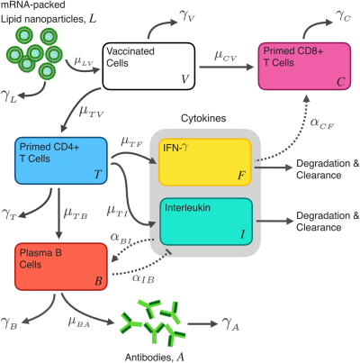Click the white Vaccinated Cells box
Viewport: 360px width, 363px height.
[x=148, y=66]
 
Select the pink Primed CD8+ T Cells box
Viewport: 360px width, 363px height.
[x=304, y=66]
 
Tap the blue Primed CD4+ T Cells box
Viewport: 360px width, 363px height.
[x=61, y=160]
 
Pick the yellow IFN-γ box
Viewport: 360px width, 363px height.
[x=205, y=162]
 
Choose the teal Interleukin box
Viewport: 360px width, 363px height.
[x=206, y=222]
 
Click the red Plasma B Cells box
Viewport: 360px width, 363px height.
[x=61, y=267]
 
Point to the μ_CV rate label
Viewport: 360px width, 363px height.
[x=226, y=56]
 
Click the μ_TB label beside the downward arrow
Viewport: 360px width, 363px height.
[x=76, y=213]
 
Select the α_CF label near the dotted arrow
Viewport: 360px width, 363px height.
[x=322, y=123]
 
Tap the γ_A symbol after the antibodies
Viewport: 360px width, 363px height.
[x=230, y=323]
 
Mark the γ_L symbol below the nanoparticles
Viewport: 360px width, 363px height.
[x=9, y=96]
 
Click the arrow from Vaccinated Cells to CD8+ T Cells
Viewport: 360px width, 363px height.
[x=226, y=67]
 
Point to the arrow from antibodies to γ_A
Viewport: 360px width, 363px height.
[x=202, y=323]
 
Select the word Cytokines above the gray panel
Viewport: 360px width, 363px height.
[x=203, y=118]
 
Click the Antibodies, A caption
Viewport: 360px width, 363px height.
[x=155, y=357]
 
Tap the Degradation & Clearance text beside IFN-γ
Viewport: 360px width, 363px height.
[x=328, y=169]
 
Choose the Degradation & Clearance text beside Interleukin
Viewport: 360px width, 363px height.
[x=328, y=222]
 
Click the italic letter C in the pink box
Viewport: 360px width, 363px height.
[x=340, y=82]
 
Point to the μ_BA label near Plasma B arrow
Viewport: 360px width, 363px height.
[x=79, y=322]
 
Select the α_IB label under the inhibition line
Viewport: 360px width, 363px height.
[x=143, y=278]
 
